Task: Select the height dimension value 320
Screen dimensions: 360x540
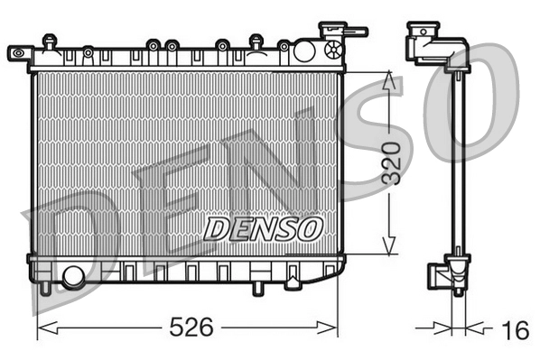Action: pos(389,163)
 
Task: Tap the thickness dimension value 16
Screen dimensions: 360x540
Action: pos(515,330)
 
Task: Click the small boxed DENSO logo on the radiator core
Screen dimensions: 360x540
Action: pos(263,229)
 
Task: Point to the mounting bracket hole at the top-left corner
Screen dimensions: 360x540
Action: pos(16,53)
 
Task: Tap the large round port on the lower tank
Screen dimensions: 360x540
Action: pos(73,275)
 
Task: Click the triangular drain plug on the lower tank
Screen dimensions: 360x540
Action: pos(293,284)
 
